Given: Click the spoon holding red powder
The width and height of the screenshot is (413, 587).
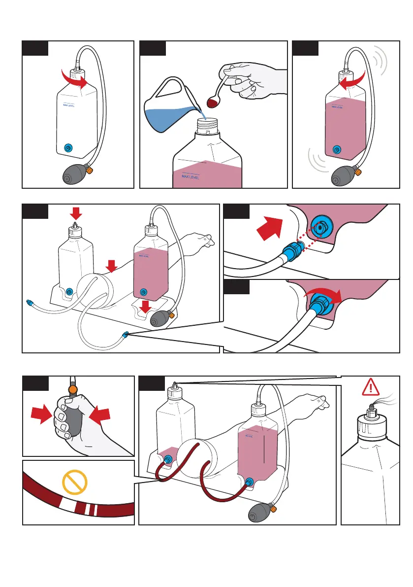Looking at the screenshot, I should pyautogui.click(x=215, y=101).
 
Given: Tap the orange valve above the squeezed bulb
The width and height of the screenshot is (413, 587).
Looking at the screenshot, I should pyautogui.click(x=73, y=389).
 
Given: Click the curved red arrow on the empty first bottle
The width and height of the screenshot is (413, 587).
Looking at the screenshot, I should pyautogui.click(x=73, y=77).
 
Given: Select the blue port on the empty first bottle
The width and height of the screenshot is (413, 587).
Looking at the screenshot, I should pyautogui.click(x=68, y=147).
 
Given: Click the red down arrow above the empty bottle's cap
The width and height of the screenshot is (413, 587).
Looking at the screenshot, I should pyautogui.click(x=76, y=213).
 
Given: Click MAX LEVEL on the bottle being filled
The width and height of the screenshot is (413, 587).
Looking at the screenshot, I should pyautogui.click(x=191, y=176).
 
